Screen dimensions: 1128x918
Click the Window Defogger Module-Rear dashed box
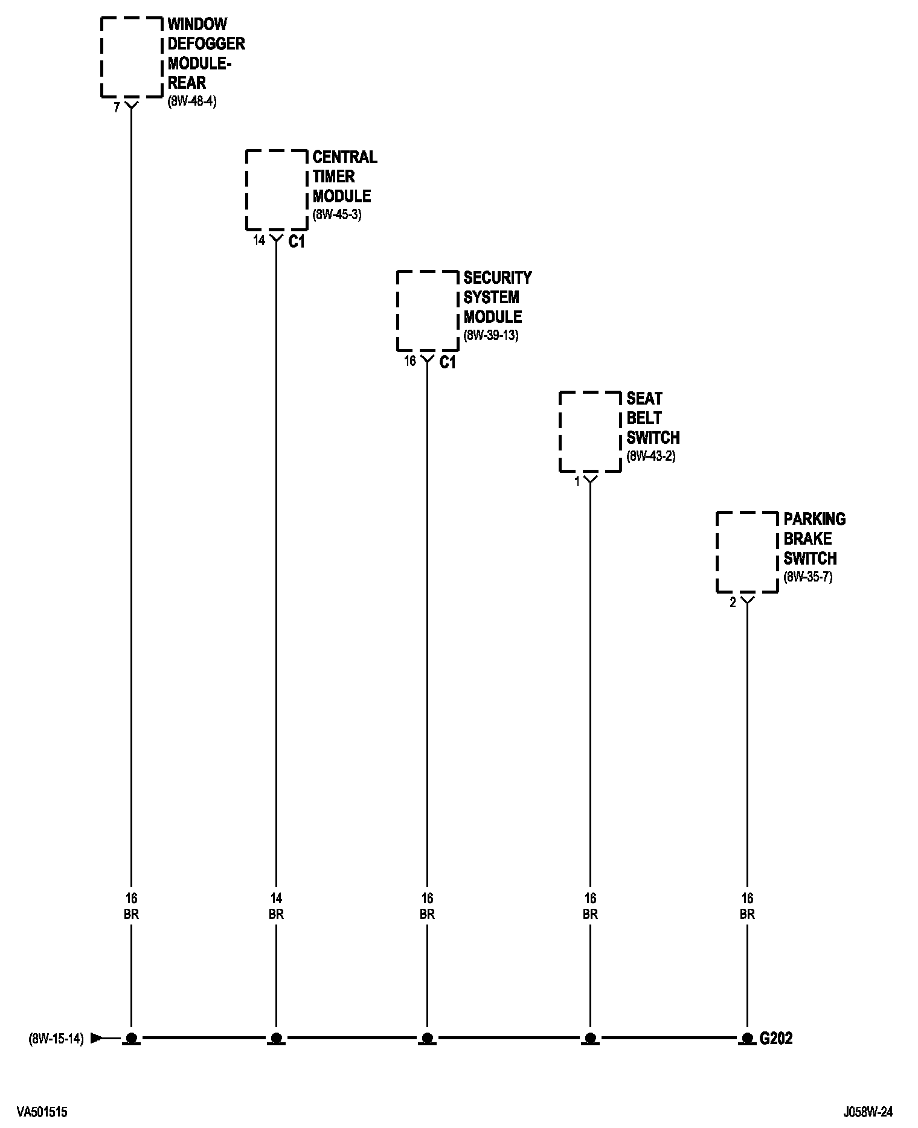tap(132, 57)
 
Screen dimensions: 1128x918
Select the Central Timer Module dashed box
tap(277, 190)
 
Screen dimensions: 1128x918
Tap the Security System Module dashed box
tap(428, 311)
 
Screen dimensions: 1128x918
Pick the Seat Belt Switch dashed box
tap(590, 431)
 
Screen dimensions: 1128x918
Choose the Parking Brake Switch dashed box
tap(747, 552)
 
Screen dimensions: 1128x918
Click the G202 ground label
tap(775, 1039)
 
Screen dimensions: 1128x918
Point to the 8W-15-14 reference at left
tap(56, 1039)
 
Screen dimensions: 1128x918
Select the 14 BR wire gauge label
tap(276, 906)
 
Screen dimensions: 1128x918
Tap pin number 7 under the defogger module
tap(117, 109)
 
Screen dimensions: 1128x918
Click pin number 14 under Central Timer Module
tap(258, 240)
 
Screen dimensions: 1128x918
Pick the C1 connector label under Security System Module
tap(448, 362)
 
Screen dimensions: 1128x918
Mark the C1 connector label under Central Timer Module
tap(297, 242)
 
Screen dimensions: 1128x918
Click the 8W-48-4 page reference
tap(191, 101)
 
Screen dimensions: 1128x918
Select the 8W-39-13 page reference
tap(490, 335)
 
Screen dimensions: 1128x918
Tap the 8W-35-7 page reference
tap(807, 577)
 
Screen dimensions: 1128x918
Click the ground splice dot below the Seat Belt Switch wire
tap(590, 1039)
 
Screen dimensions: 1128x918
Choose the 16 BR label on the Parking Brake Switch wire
tap(747, 906)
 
